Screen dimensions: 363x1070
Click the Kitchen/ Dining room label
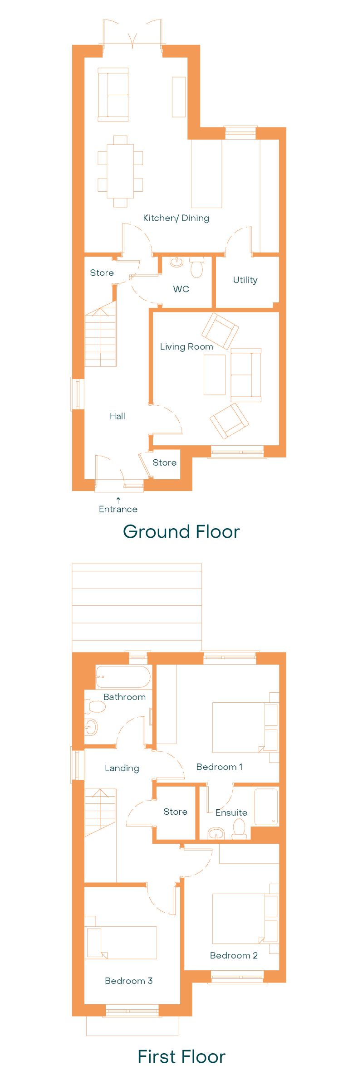[x=176, y=218]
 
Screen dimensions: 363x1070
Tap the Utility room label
[x=245, y=280]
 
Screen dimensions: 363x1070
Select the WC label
[x=181, y=289]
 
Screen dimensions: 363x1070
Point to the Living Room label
[x=186, y=347]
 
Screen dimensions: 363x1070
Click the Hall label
[x=118, y=416]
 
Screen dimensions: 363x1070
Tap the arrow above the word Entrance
[x=118, y=501]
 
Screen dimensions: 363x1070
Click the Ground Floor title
[x=181, y=531]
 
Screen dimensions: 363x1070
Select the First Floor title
[x=181, y=1056]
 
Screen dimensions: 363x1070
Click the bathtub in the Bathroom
[x=123, y=677]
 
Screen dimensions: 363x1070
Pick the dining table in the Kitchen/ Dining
[x=120, y=171]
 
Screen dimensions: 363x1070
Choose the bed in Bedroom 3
[x=122, y=943]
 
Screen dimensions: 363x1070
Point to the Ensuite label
[x=231, y=812]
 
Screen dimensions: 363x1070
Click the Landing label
[x=122, y=768]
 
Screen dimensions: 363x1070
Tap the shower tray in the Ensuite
[x=266, y=807]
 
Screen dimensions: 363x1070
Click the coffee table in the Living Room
[x=215, y=375]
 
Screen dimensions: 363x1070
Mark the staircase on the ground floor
[x=101, y=335]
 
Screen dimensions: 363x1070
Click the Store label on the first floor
[x=175, y=812]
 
